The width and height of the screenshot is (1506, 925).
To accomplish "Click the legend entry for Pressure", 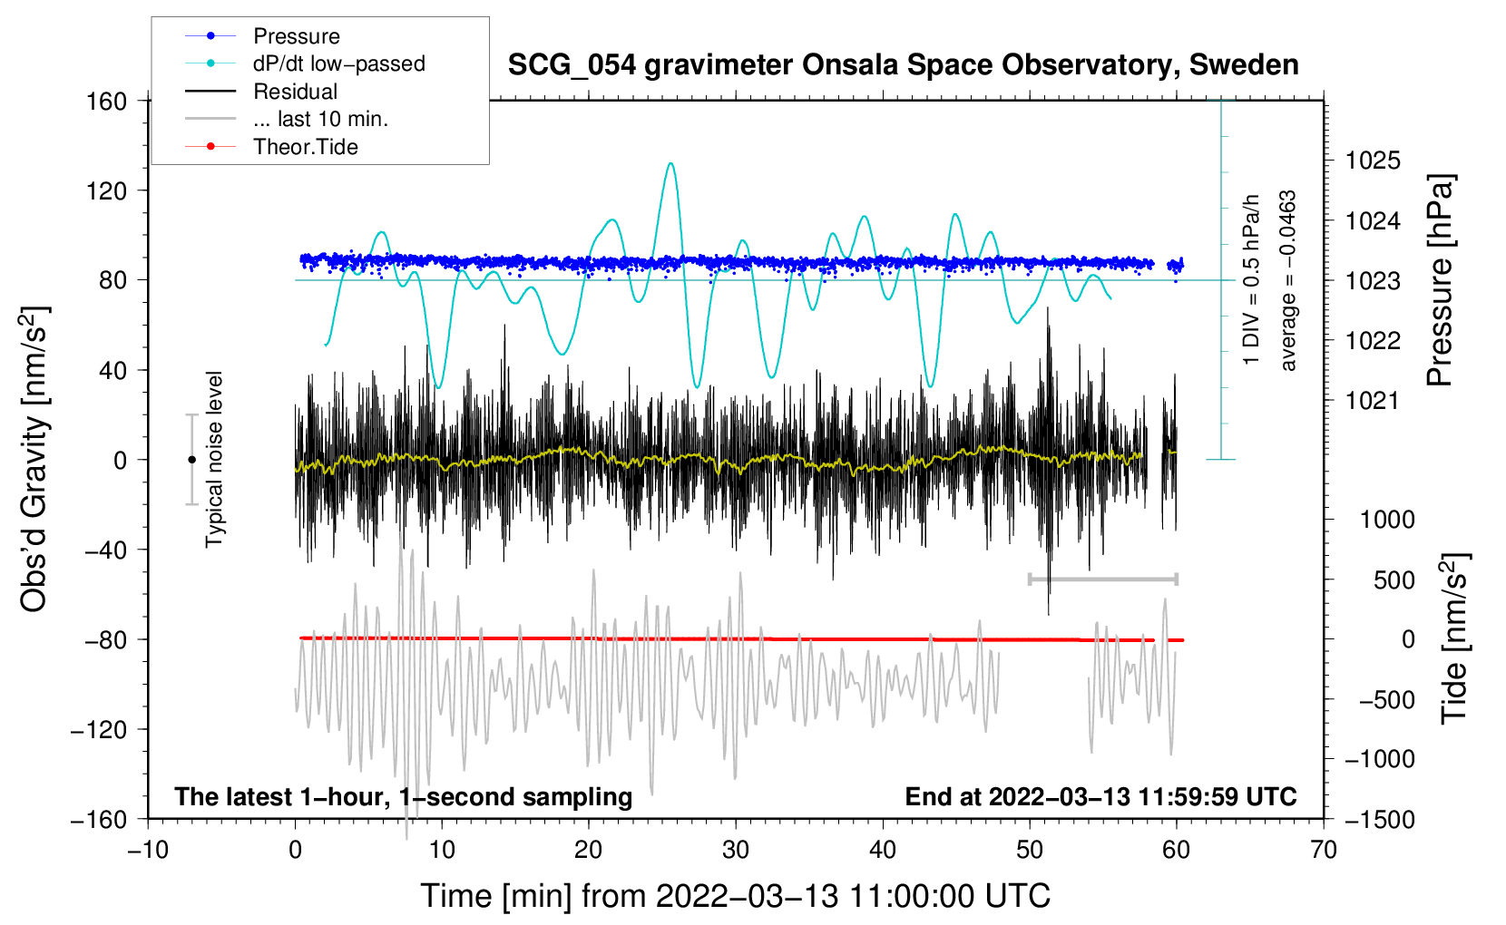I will coord(296,36).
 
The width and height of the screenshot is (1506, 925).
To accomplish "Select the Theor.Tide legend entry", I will coord(305,147).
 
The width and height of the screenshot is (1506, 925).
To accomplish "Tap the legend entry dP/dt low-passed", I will coord(338,63).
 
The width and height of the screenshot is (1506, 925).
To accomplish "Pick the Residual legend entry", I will coord(295,92).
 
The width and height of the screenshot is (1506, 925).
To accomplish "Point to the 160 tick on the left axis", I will coord(107,101).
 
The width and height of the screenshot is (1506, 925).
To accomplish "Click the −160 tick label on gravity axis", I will coord(100,819).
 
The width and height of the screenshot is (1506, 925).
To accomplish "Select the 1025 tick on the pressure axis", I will coord(1373,161).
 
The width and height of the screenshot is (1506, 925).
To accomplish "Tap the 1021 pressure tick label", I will coord(1373,400).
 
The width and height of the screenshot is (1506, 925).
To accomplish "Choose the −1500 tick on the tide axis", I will coord(1379,819).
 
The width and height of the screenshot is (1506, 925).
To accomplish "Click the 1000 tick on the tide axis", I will coord(1387,520).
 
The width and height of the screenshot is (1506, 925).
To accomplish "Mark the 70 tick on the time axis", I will coord(1324,850).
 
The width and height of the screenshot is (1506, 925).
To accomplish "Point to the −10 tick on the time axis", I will coord(148,850).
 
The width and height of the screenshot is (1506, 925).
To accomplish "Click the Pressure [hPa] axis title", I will coord(1440,280).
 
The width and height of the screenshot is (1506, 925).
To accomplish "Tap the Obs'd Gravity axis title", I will coord(34,459).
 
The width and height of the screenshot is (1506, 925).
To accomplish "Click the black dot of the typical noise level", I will coord(191,460).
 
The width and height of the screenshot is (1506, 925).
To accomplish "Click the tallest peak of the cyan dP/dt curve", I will coord(670,164).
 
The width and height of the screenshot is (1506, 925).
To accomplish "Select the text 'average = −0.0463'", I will coord(1288,280).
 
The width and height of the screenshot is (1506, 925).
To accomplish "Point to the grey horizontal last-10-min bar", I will coord(1102,579).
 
